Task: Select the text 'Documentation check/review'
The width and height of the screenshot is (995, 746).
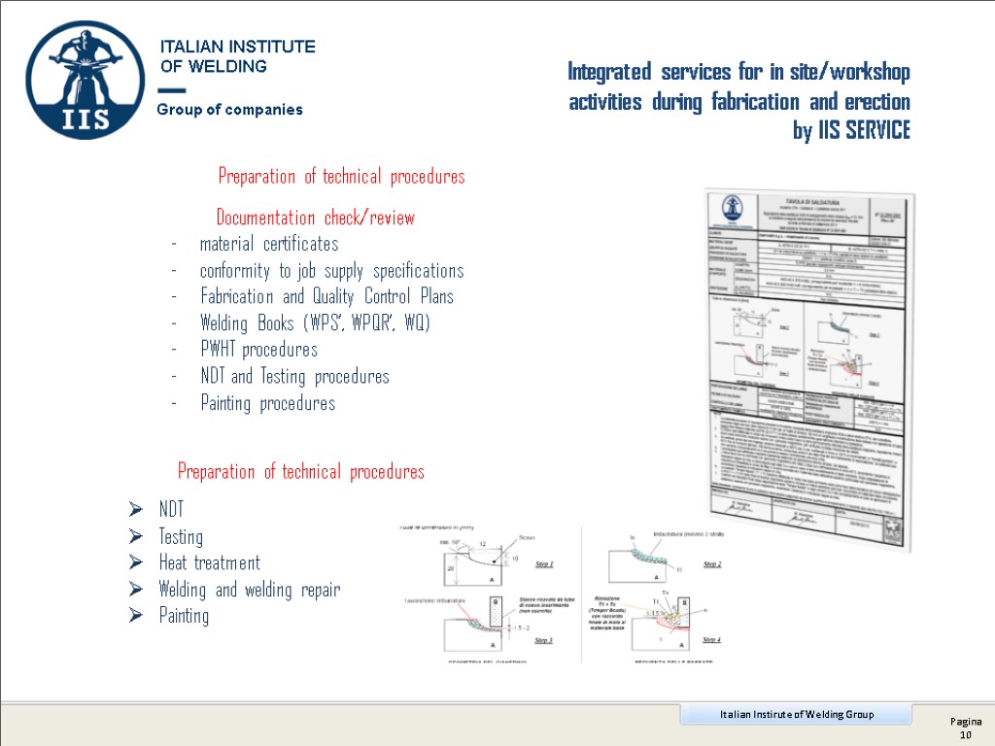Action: (x=315, y=218)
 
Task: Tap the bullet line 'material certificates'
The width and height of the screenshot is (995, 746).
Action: (x=269, y=244)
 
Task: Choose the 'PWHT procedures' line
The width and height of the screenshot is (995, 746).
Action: (x=258, y=350)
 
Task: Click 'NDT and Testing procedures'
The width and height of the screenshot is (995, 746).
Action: (x=294, y=377)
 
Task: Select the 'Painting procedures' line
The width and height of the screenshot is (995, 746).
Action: (x=267, y=403)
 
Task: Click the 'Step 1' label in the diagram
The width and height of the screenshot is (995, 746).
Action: (x=537, y=564)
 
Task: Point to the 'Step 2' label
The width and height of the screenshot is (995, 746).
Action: (x=712, y=564)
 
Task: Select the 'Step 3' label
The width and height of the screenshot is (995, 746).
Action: (x=537, y=640)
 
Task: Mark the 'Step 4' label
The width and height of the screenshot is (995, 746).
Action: (x=712, y=640)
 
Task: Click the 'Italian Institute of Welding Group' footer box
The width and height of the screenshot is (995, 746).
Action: (x=796, y=715)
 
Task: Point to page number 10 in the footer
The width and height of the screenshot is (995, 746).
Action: (x=966, y=735)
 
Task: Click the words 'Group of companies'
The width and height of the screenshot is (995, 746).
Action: (x=230, y=110)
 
